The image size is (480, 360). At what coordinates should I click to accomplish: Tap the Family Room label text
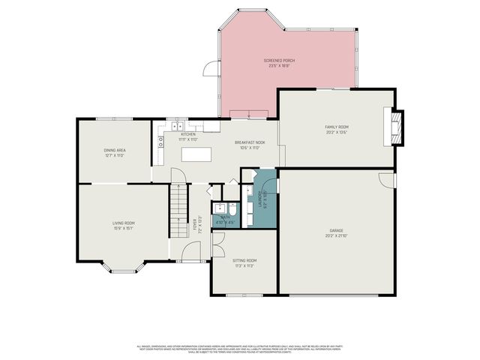click(336, 129)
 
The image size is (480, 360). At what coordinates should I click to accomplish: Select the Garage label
click(336, 232)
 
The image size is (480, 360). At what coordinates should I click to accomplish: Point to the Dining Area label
click(115, 152)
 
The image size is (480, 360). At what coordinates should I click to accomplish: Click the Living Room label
click(124, 225)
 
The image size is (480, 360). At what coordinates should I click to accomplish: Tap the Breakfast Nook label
click(250, 144)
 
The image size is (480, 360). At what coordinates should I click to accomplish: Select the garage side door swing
click(386, 181)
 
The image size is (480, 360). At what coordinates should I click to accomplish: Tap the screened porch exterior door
click(211, 70)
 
